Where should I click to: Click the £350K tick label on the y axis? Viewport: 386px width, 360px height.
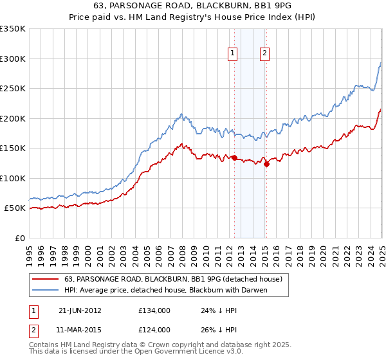13,29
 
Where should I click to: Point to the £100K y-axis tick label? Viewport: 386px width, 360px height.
13,178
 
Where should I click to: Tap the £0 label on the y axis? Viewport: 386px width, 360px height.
21,238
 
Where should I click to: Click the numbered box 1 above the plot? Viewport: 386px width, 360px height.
232,53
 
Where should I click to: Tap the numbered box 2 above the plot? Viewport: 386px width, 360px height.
264,53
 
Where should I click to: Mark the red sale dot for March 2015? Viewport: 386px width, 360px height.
266,164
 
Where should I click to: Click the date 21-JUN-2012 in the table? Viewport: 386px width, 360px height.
80,310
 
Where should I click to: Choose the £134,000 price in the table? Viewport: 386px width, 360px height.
154,310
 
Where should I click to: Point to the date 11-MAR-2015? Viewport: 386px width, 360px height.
80,330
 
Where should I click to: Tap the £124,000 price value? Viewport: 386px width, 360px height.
154,330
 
